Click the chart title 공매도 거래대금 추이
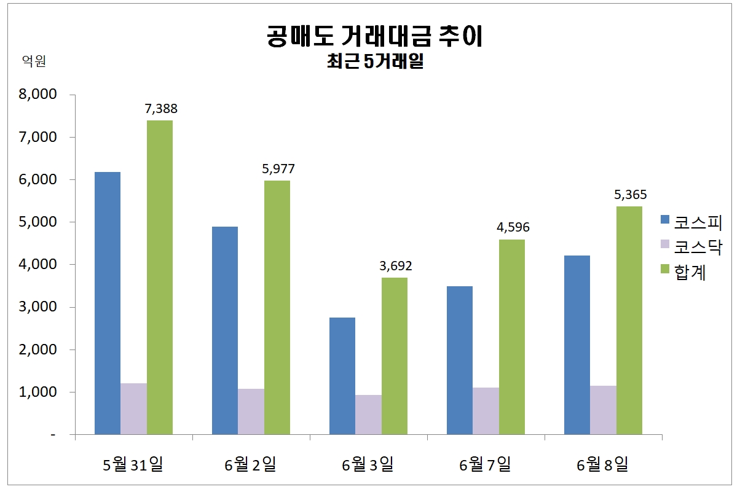tap(375, 36)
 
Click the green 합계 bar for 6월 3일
tap(395, 356)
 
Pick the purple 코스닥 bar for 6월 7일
tap(486, 410)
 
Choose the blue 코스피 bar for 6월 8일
tap(577, 345)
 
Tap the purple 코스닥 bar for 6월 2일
tap(251, 411)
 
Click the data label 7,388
tap(160, 109)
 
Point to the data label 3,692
tap(395, 266)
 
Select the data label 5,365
tap(630, 195)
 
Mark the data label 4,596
tap(513, 228)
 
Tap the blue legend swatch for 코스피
tap(664, 220)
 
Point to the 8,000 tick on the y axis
tap(39, 95)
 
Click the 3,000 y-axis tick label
tap(39, 307)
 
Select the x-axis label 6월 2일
tap(250, 465)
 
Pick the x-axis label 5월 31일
tap(133, 465)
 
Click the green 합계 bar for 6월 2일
tap(277, 307)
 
